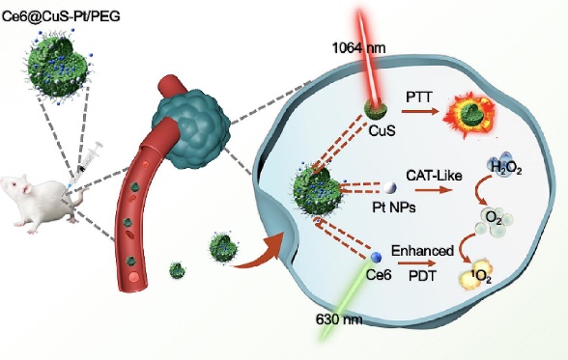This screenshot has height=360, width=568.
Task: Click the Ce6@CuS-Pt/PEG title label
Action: [61, 15]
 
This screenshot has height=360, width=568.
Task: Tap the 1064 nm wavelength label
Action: [358, 47]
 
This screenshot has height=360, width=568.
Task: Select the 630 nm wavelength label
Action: [339, 319]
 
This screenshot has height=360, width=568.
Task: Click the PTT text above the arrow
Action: [419, 97]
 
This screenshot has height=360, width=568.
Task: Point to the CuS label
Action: [383, 130]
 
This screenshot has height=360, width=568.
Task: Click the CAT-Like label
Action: [435, 176]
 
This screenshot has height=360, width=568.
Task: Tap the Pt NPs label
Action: [394, 208]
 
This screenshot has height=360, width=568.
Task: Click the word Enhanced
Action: [422, 251]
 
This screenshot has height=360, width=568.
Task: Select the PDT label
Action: [422, 276]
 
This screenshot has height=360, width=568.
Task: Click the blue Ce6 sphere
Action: [377, 258]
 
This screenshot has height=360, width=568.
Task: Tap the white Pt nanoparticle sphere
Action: [390, 187]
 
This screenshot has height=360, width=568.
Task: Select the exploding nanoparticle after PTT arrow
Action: [470, 114]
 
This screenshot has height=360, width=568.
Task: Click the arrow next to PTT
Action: [420, 110]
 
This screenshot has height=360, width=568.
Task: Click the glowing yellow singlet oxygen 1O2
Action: [476, 276]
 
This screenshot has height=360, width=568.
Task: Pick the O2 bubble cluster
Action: [495, 220]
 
